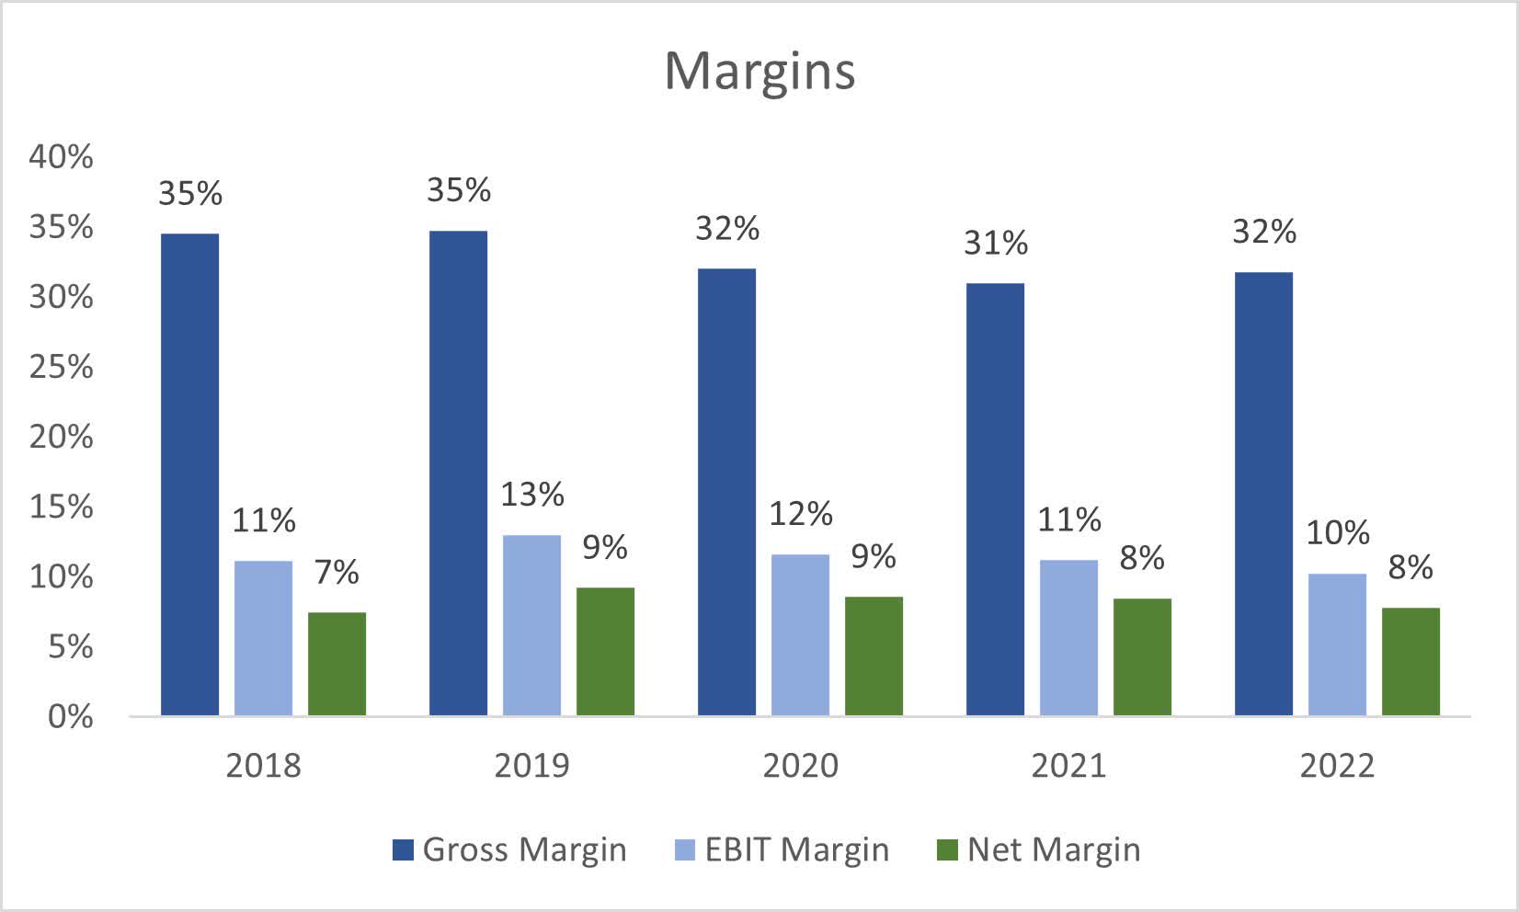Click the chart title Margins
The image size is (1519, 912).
[x=759, y=71]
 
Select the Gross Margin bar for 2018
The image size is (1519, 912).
[x=190, y=474]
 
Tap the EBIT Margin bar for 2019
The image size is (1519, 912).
[x=531, y=625]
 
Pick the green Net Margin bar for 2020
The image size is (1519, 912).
[x=874, y=655]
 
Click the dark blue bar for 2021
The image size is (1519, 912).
[x=995, y=499]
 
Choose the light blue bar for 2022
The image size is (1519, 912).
[x=1337, y=644]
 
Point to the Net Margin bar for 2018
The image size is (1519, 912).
[x=337, y=664]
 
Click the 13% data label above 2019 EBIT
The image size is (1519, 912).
[x=531, y=495]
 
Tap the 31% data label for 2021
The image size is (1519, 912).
[x=995, y=243]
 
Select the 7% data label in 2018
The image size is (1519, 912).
[x=337, y=573]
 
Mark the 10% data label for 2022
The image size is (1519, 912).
[x=1337, y=533]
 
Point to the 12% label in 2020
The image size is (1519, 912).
[x=800, y=514]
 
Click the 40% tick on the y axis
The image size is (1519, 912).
[x=61, y=157]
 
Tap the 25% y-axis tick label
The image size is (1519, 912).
[x=61, y=368]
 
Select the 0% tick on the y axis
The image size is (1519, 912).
[x=70, y=717]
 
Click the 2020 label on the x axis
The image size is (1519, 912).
[x=800, y=766]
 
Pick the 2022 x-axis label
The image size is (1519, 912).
[x=1337, y=766]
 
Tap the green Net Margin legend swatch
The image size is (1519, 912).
[x=947, y=850]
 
